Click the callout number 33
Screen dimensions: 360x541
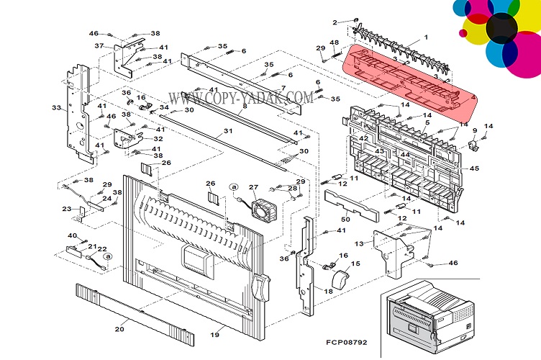point(56,107)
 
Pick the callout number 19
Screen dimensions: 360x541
point(214,336)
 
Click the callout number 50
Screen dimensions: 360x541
point(345,218)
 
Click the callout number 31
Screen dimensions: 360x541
point(228,131)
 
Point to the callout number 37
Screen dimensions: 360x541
point(99,45)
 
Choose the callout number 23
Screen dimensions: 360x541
point(67,209)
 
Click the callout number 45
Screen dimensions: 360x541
point(474,168)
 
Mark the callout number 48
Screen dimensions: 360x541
point(335,42)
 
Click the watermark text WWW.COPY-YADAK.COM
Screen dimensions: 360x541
point(241,96)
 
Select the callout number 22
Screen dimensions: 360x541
point(103,249)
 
